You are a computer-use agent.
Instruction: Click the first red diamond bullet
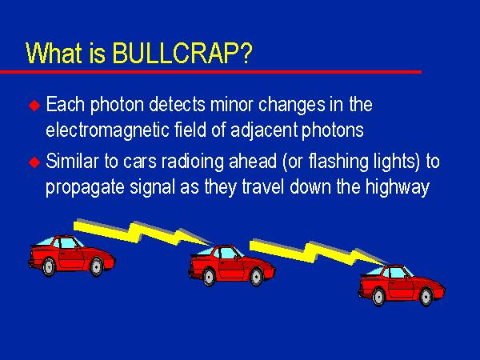coord(34,106)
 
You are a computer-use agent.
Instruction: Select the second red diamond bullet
coord(34,162)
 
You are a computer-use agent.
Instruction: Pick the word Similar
coord(73,162)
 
